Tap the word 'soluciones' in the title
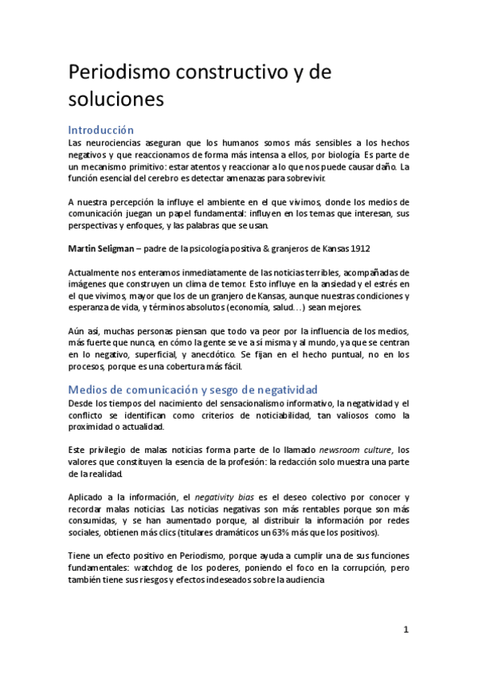click(116, 100)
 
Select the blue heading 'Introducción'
click(100, 129)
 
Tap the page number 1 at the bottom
click(406, 629)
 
